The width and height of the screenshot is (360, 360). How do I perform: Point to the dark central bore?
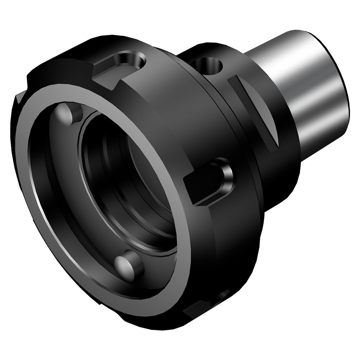[140, 180]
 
